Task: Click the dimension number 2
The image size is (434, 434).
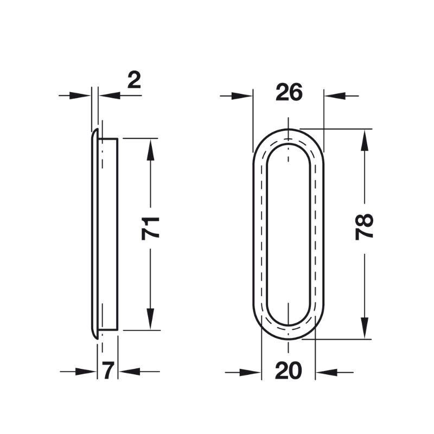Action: pyautogui.click(x=134, y=80)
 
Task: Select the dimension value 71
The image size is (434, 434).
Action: pyautogui.click(x=150, y=228)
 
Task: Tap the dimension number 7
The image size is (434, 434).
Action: pyautogui.click(x=107, y=371)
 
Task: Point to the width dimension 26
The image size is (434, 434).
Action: pyautogui.click(x=289, y=92)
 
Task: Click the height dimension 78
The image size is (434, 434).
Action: pyautogui.click(x=364, y=227)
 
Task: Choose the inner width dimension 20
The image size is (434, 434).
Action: pyautogui.click(x=288, y=371)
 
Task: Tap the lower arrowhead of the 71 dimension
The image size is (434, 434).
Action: pyautogui.click(x=150, y=319)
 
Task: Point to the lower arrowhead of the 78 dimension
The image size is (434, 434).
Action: pyautogui.click(x=365, y=328)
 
